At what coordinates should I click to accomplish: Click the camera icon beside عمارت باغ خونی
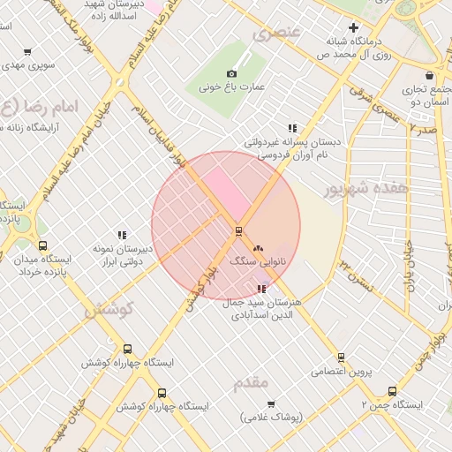pos(231,74)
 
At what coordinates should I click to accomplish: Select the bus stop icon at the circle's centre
pos(237,231)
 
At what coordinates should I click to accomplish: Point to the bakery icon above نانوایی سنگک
pos(258,250)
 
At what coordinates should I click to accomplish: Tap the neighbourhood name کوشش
pos(108,310)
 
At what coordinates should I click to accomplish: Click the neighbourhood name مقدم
pos(251,384)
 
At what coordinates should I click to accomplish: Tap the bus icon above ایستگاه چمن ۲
pos(392,391)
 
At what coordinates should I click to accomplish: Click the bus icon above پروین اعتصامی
pos(341,358)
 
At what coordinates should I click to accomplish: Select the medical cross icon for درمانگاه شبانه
pos(354,27)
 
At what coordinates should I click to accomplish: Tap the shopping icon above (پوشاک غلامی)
pos(271,403)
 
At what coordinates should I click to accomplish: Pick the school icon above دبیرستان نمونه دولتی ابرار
pos(123,235)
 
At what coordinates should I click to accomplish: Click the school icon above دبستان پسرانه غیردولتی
pos(292,127)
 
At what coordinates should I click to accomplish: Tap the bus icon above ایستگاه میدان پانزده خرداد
pos(42,245)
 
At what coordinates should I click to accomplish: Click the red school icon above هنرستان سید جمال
pos(260,288)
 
